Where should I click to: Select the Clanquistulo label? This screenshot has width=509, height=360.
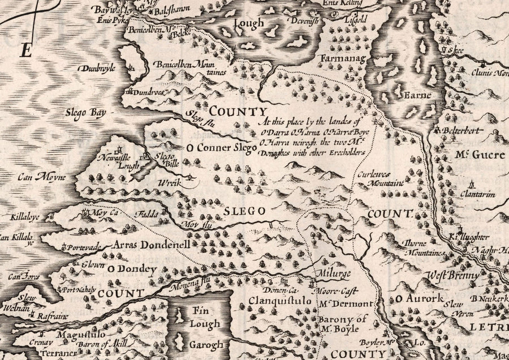click(x=280, y=301)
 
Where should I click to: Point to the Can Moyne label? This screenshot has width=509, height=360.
click(x=41, y=177)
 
